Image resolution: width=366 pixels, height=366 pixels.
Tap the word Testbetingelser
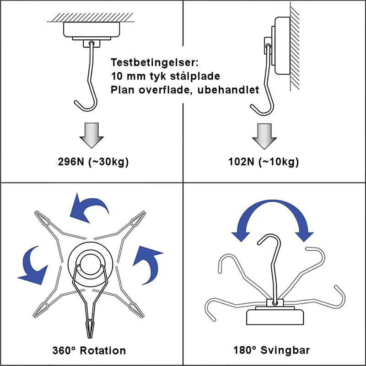[x=151, y=63]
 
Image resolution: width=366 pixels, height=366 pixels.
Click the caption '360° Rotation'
[x=90, y=351]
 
